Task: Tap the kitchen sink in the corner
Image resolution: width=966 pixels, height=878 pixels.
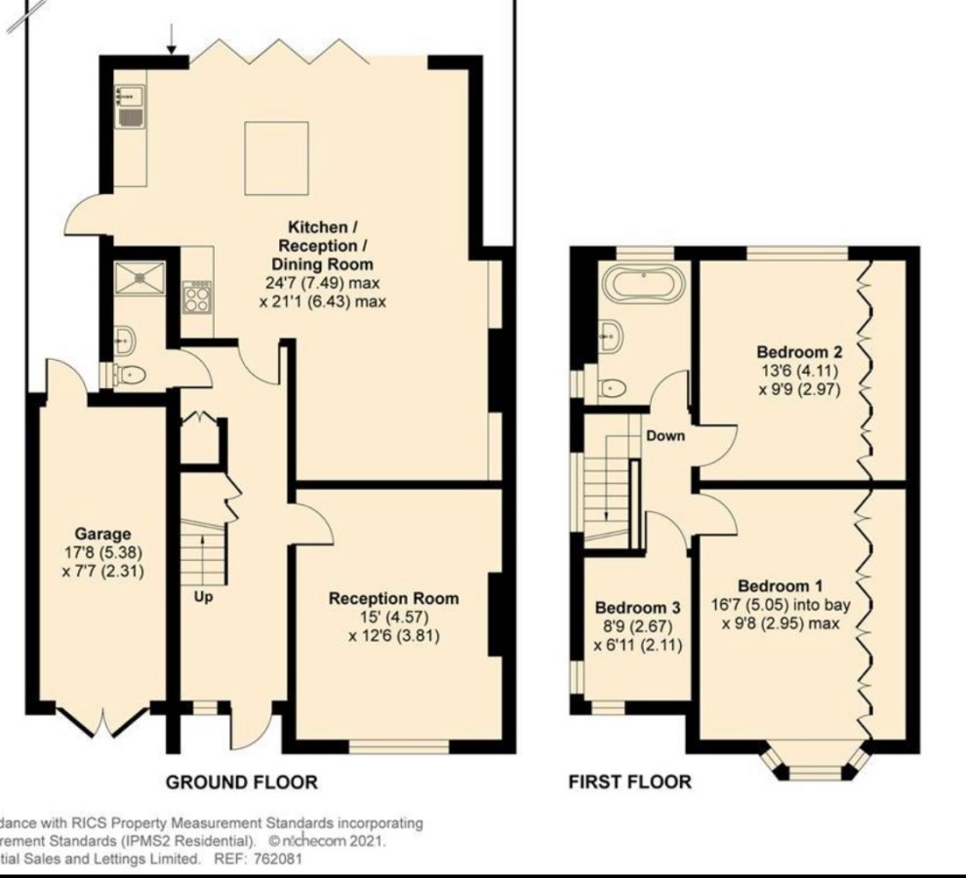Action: point(129,105)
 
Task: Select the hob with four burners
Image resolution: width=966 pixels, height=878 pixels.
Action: point(197,295)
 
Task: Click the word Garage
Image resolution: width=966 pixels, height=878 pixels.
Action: point(102,534)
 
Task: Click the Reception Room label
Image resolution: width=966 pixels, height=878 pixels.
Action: point(393,598)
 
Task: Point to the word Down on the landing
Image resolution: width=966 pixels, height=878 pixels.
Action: point(665,436)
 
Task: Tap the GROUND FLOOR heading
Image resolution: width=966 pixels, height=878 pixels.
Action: point(241,781)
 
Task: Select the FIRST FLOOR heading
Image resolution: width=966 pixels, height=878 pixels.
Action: point(629,781)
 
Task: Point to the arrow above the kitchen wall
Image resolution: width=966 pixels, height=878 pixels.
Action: point(172,37)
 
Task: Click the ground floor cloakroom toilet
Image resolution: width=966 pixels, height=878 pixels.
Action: point(132,375)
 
